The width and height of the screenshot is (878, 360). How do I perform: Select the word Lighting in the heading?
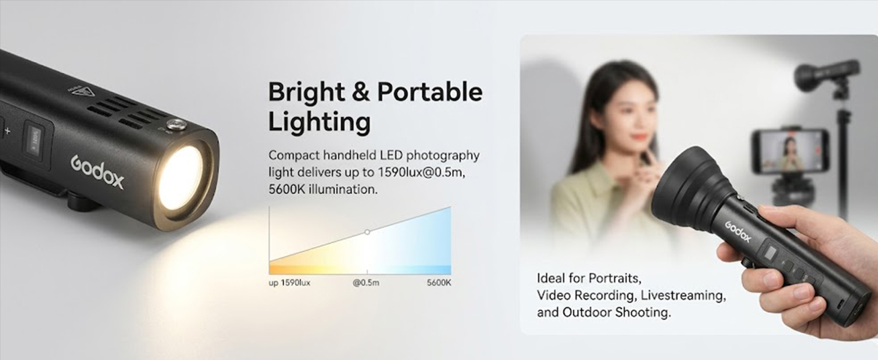point(319,123)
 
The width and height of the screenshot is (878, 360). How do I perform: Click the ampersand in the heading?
point(360,92)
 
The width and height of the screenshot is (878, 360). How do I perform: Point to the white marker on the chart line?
point(367,232)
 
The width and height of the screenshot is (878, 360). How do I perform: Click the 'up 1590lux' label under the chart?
point(289,283)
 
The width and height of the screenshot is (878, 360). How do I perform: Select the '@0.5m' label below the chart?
point(366,283)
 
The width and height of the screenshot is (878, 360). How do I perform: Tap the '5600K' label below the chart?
point(439,283)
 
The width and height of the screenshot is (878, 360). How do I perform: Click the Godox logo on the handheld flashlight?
point(738,232)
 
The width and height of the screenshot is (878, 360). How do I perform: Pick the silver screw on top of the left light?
point(172,125)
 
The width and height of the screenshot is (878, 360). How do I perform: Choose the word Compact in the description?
point(294,155)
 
